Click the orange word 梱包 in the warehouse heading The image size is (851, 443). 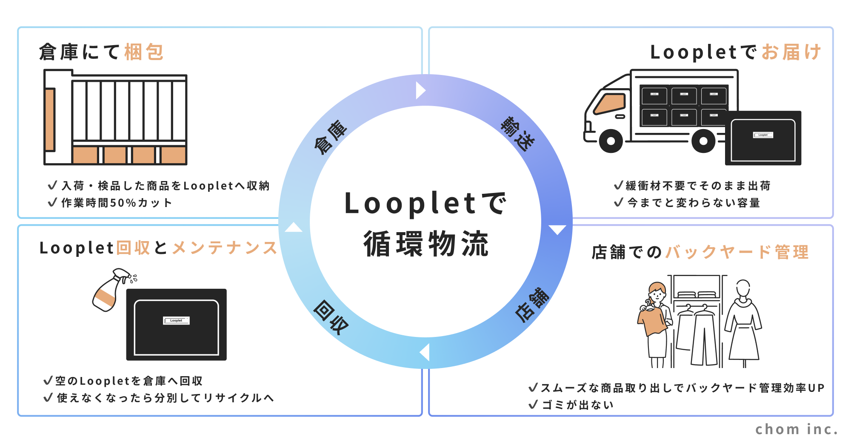pyautogui.click(x=144, y=52)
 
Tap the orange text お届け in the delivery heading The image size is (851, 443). pyautogui.click(x=791, y=52)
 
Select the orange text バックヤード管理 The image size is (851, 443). pyautogui.click(x=737, y=252)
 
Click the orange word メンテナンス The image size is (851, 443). pyautogui.click(x=225, y=248)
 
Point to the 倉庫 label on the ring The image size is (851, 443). pyautogui.click(x=330, y=137)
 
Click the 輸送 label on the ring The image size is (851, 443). pyautogui.click(x=517, y=133)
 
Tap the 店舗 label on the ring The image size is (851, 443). pyautogui.click(x=532, y=305)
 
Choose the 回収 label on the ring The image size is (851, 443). pyautogui.click(x=331, y=317)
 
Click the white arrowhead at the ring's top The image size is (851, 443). pyautogui.click(x=420, y=90)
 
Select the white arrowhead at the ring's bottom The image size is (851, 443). pyautogui.click(x=425, y=353)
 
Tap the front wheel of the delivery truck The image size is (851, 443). pyautogui.click(x=611, y=141)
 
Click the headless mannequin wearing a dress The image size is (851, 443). pyautogui.click(x=743, y=324)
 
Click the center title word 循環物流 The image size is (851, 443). pyautogui.click(x=426, y=244)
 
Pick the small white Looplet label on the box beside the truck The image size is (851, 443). pyautogui.click(x=763, y=135)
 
